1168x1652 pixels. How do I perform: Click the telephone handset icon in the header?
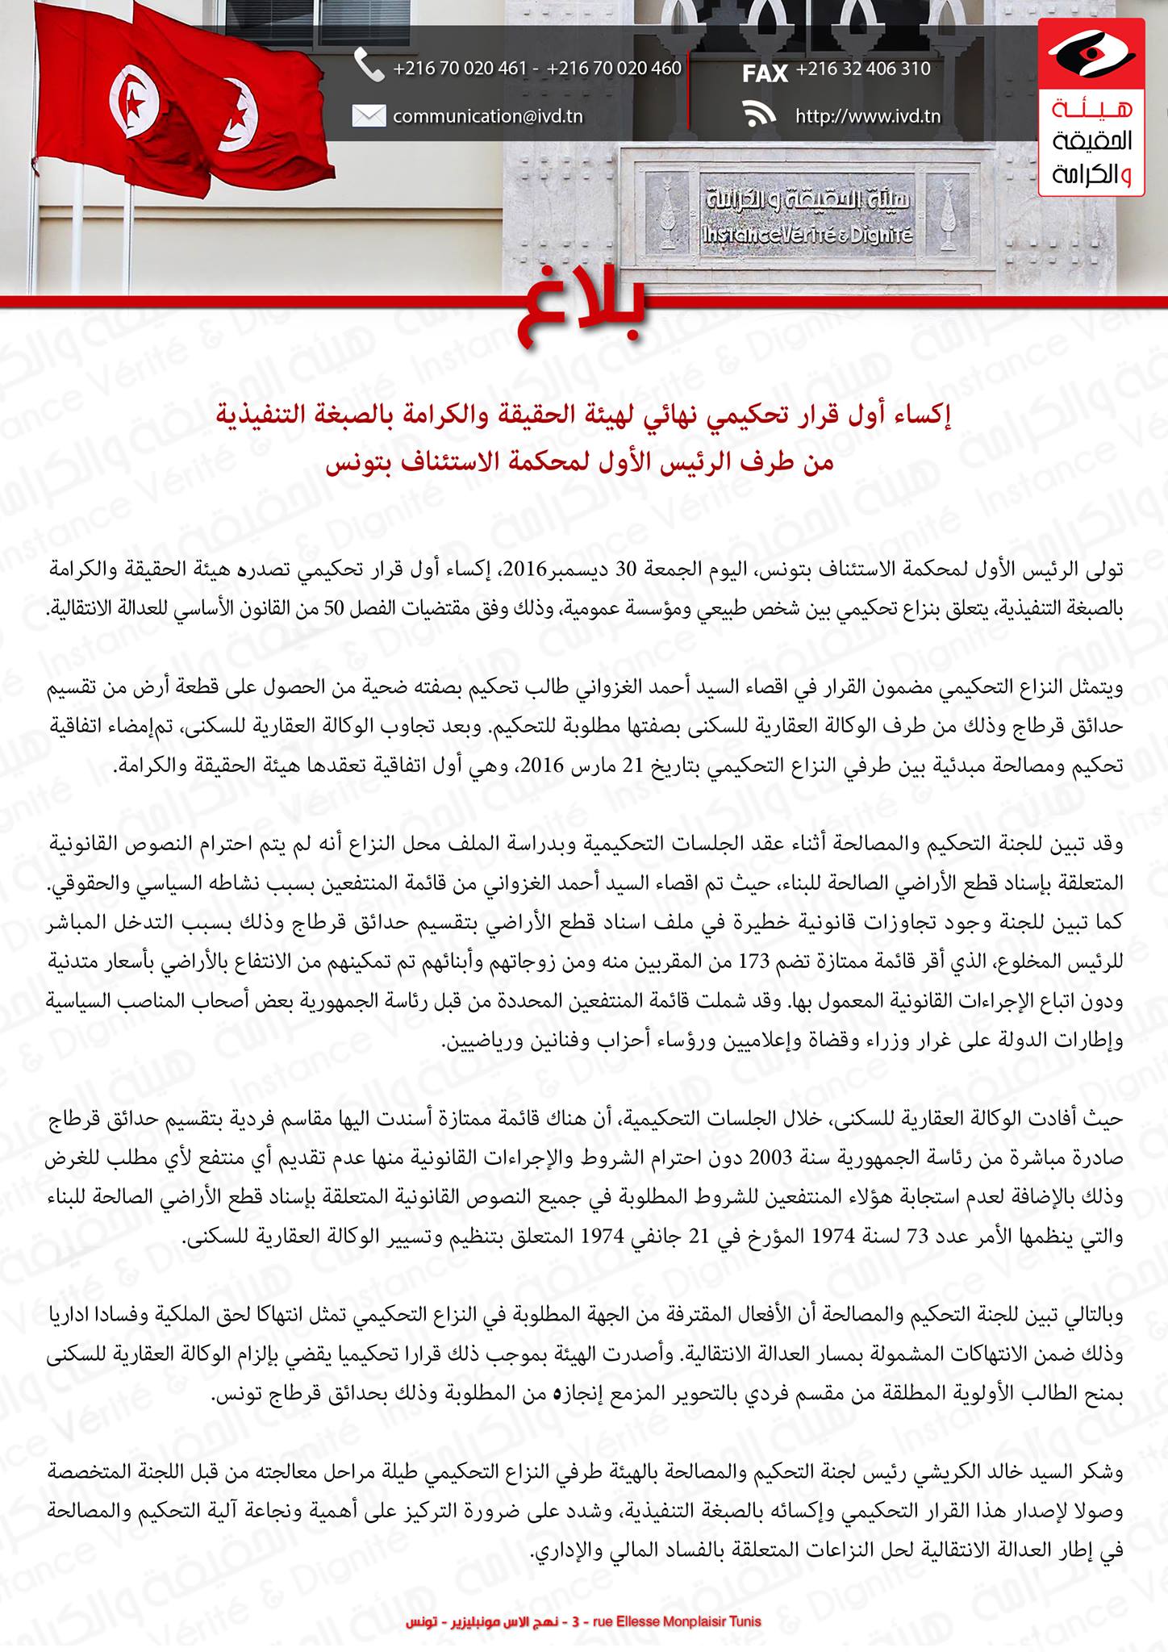pyautogui.click(x=369, y=67)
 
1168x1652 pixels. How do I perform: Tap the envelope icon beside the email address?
pyautogui.click(x=369, y=116)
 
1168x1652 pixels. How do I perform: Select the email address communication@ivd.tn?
pyautogui.click(x=487, y=116)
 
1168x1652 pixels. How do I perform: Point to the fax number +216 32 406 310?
pyautogui.click(x=863, y=69)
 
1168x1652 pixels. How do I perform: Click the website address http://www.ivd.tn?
pyautogui.click(x=867, y=116)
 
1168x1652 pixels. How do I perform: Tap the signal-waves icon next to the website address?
pyautogui.click(x=758, y=115)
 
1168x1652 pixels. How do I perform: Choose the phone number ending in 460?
pyautogui.click(x=614, y=69)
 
